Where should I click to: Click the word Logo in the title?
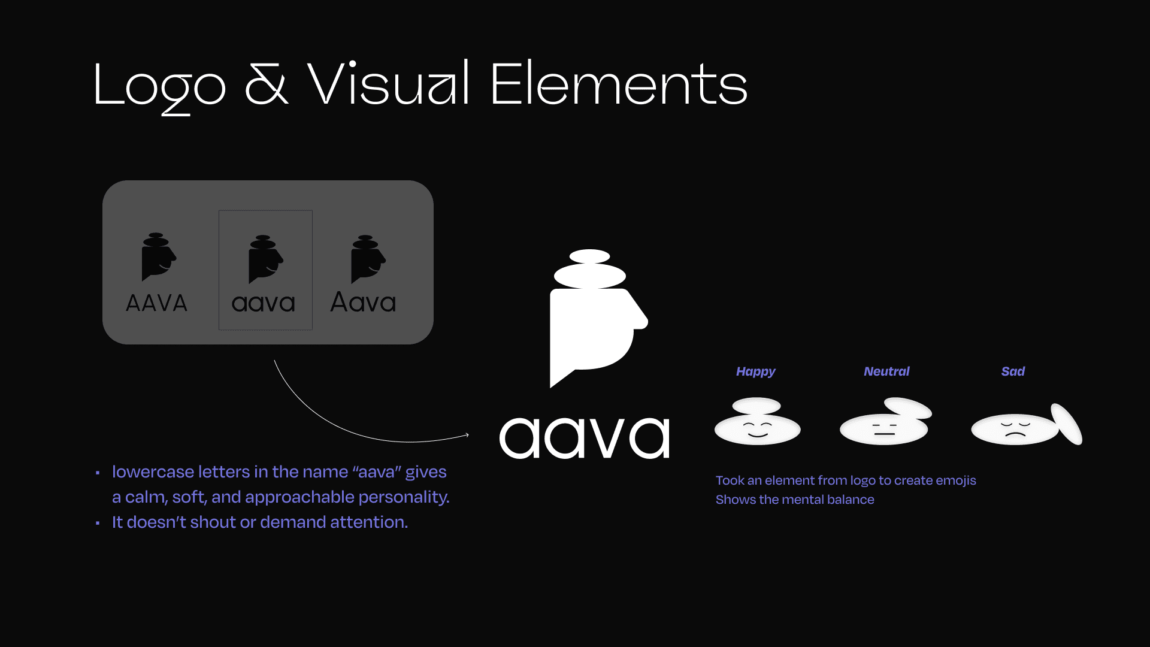(159, 85)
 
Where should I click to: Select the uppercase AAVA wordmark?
(156, 303)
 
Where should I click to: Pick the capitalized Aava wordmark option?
(363, 303)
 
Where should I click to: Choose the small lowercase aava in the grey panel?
(264, 304)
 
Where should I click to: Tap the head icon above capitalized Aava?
(367, 259)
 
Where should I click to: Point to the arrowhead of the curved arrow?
(467, 435)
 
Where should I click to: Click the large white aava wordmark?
(585, 438)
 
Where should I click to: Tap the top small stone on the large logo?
(590, 256)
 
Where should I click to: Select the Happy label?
(755, 371)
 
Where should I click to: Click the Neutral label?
(886, 371)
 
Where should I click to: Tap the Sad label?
(1013, 371)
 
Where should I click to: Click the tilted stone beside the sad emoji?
(1067, 424)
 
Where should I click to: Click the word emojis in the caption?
(956, 480)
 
